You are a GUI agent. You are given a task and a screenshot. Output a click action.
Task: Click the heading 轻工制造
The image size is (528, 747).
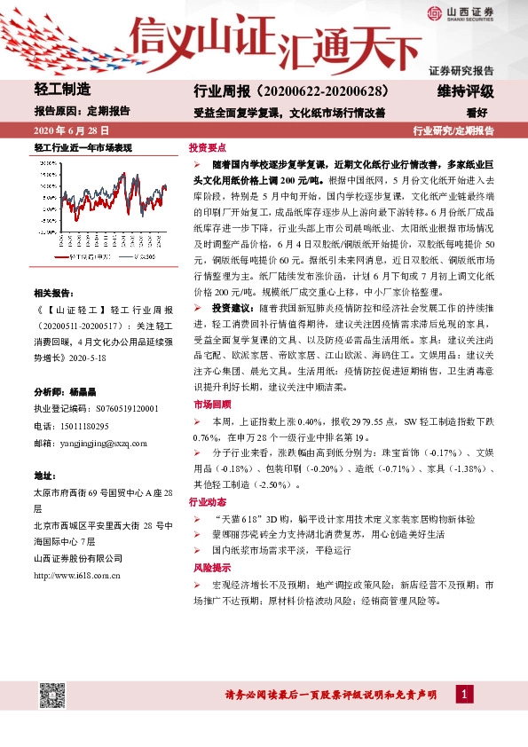point(62,89)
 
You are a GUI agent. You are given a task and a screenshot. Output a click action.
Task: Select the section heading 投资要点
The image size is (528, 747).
point(208,146)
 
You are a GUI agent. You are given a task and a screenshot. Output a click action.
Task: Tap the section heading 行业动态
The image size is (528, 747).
point(208,502)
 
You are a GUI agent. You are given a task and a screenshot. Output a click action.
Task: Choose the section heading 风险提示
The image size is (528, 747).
point(208,566)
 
